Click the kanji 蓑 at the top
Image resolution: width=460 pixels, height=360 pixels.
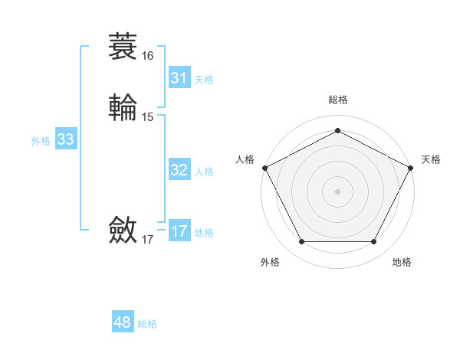point(123,46)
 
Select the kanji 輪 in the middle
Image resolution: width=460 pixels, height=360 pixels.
point(123,107)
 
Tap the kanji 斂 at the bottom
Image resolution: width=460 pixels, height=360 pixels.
point(123,230)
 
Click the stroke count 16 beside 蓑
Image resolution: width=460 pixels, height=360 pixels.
point(147,56)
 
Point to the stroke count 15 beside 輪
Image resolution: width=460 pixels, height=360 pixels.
point(147,117)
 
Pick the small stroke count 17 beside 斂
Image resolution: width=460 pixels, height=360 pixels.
point(147,240)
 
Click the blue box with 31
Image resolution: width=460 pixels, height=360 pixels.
point(179,78)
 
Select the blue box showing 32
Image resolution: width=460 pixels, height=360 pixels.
point(179,170)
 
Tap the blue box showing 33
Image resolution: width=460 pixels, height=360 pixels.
point(65,139)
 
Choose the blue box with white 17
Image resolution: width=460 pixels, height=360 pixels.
point(179,231)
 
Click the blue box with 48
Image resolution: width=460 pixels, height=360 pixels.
point(122,322)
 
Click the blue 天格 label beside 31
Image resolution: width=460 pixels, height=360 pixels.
point(204,80)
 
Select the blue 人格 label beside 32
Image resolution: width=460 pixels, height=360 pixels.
point(204,172)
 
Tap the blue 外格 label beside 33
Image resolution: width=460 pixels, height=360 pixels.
point(41,141)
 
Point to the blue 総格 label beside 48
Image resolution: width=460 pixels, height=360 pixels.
point(147,324)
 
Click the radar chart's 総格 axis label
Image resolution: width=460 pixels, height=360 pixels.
point(337,100)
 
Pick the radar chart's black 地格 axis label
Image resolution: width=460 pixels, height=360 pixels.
point(402,262)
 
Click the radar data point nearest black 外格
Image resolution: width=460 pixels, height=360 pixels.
point(301,242)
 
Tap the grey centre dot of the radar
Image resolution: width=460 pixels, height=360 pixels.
point(337,191)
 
